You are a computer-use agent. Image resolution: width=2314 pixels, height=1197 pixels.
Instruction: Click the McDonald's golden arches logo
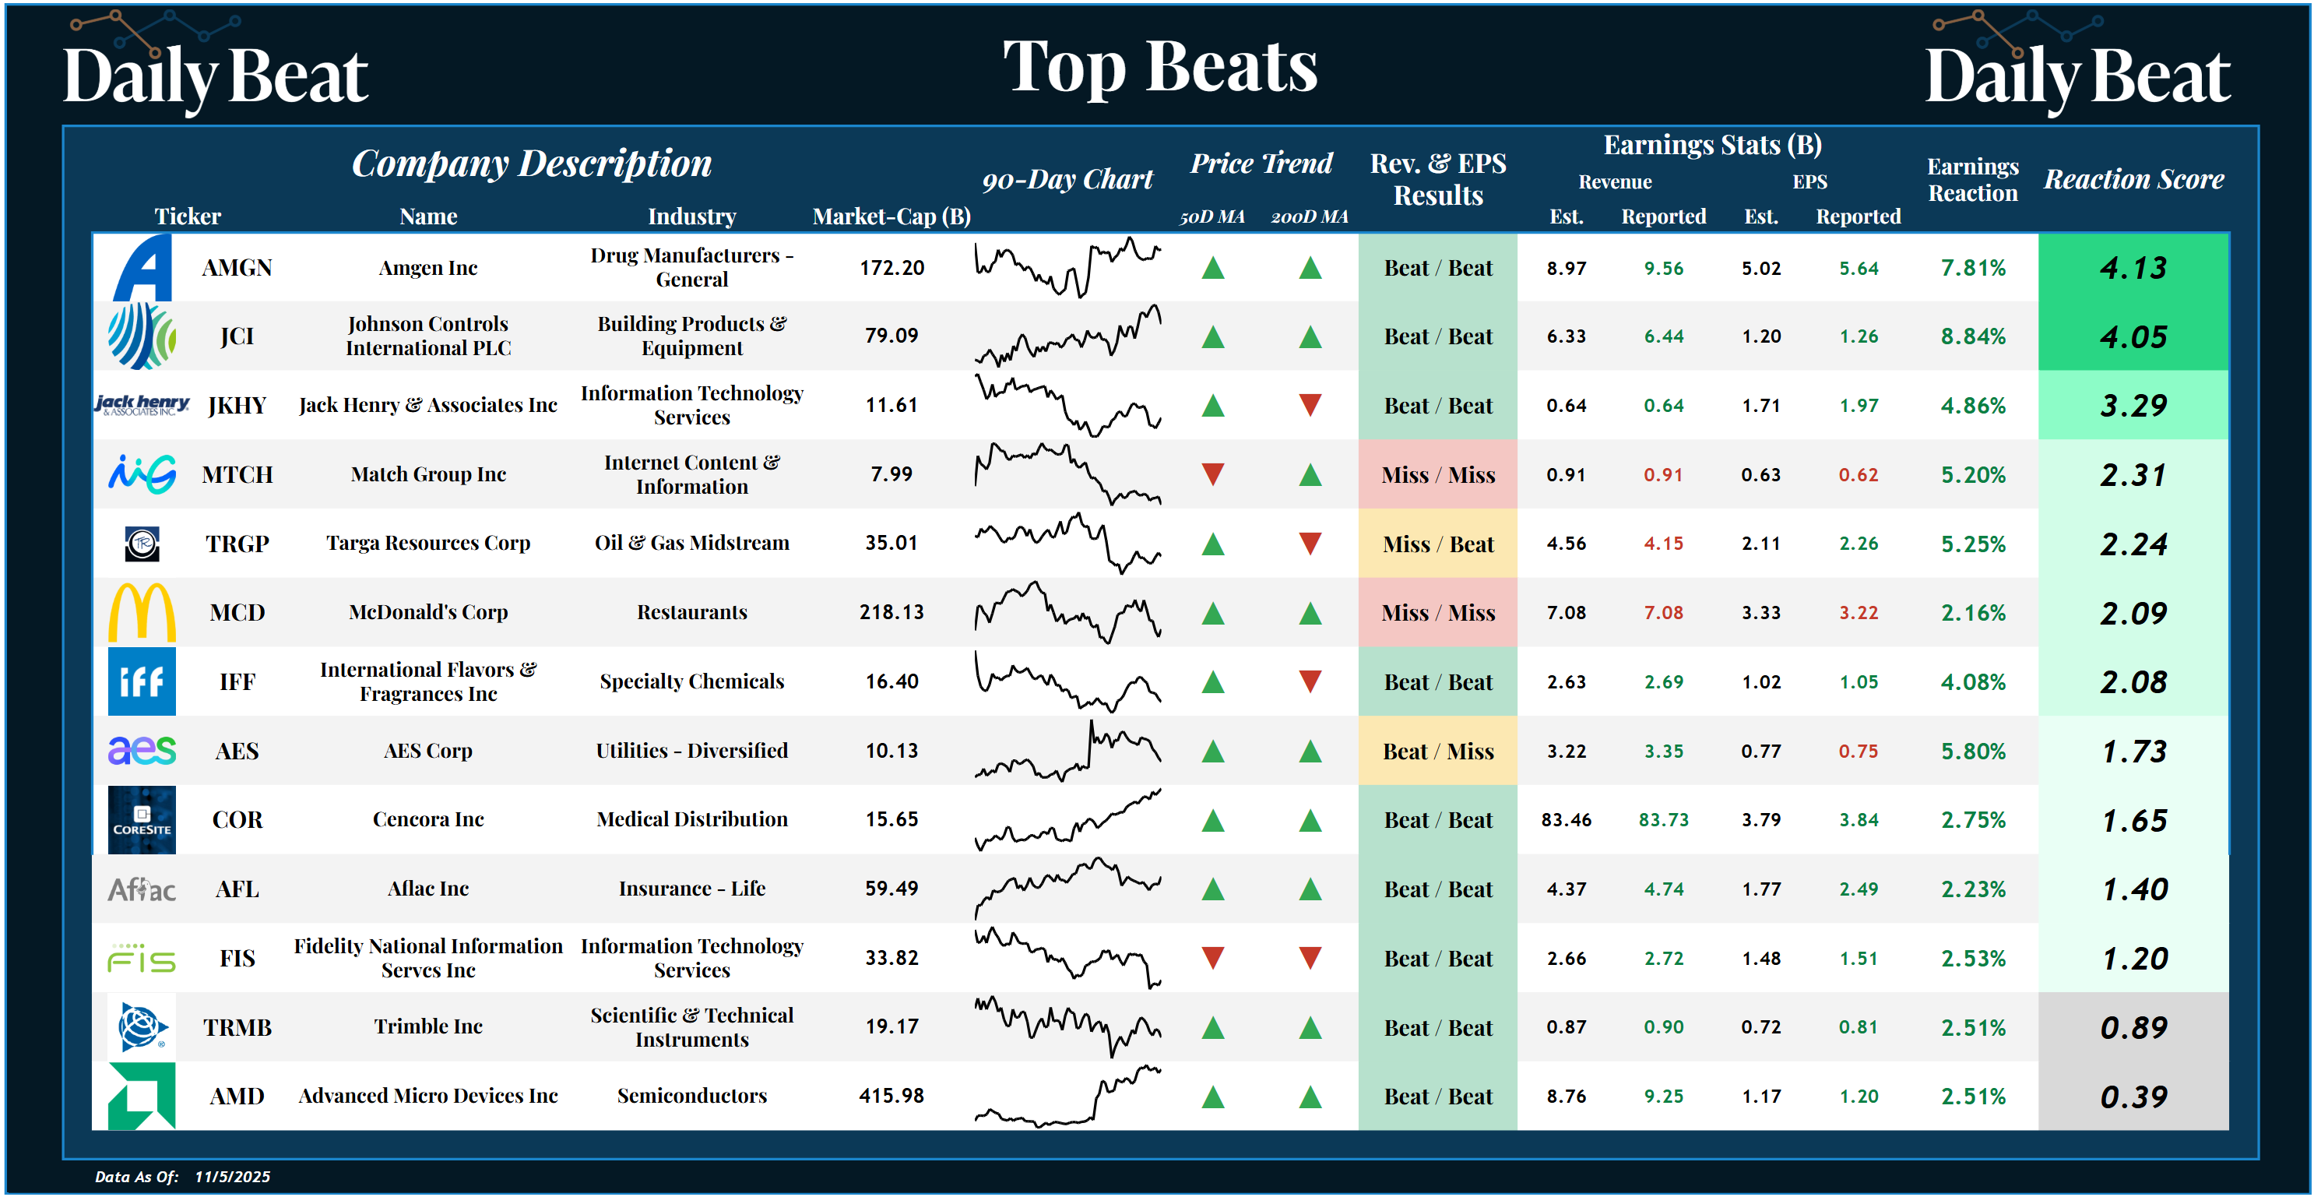point(142,613)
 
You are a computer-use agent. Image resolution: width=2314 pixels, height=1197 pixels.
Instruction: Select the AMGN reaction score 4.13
point(2133,268)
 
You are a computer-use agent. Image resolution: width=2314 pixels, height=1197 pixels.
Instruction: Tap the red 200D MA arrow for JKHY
point(1310,405)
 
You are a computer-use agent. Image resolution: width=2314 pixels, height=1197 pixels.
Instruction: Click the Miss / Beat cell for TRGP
point(1437,544)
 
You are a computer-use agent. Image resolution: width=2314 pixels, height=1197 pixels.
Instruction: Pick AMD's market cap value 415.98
point(891,1096)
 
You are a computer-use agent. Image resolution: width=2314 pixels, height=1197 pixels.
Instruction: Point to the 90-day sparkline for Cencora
point(1067,819)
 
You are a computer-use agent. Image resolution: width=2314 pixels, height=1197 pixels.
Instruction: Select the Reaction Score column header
point(2133,179)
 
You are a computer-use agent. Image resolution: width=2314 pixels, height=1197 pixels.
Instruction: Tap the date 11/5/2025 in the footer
point(232,1176)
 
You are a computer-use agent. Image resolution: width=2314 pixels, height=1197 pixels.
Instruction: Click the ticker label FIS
point(237,958)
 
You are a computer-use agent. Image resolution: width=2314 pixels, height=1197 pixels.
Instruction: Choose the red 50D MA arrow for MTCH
point(1213,474)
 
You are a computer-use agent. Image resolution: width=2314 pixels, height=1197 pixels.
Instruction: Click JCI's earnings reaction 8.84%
point(1973,336)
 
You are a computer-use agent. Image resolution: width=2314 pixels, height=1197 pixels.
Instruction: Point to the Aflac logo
point(142,889)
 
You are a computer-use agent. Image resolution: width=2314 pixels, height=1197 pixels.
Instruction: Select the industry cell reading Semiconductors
point(691,1096)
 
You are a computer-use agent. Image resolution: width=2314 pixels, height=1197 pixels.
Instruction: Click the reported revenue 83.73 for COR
point(1663,819)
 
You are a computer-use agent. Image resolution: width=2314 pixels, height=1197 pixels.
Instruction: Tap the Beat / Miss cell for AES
point(1437,752)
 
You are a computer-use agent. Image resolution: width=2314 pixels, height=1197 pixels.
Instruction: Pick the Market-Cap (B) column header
point(891,217)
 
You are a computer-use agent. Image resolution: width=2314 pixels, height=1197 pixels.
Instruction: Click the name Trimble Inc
point(428,1026)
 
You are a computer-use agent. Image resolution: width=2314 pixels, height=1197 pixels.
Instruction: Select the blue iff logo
point(142,682)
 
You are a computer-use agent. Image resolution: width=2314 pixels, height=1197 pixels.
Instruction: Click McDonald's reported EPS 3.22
point(1858,613)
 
